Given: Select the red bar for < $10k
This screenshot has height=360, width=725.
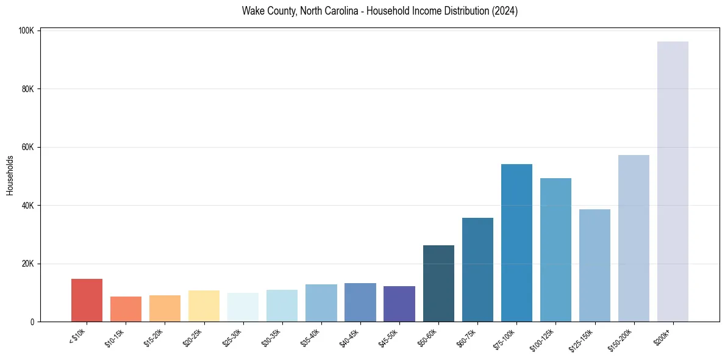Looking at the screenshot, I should [87, 300].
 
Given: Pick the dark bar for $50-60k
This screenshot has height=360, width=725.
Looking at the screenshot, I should [438, 284].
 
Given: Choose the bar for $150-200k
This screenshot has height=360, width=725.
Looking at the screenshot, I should [634, 239].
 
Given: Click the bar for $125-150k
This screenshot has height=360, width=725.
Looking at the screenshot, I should [595, 265].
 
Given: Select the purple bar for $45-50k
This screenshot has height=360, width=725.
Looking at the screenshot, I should [399, 304].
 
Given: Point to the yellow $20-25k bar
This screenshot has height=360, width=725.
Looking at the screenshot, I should [204, 306].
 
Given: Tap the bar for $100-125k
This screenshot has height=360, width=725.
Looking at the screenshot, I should [555, 250].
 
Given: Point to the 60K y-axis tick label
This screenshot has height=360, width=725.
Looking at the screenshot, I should [27, 147].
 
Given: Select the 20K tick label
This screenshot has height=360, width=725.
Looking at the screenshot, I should [27, 264].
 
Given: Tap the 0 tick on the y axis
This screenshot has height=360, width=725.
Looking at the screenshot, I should [32, 322].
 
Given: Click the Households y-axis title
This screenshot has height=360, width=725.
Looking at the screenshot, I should [10, 175].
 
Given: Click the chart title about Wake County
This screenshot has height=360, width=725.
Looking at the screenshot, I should [379, 12].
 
